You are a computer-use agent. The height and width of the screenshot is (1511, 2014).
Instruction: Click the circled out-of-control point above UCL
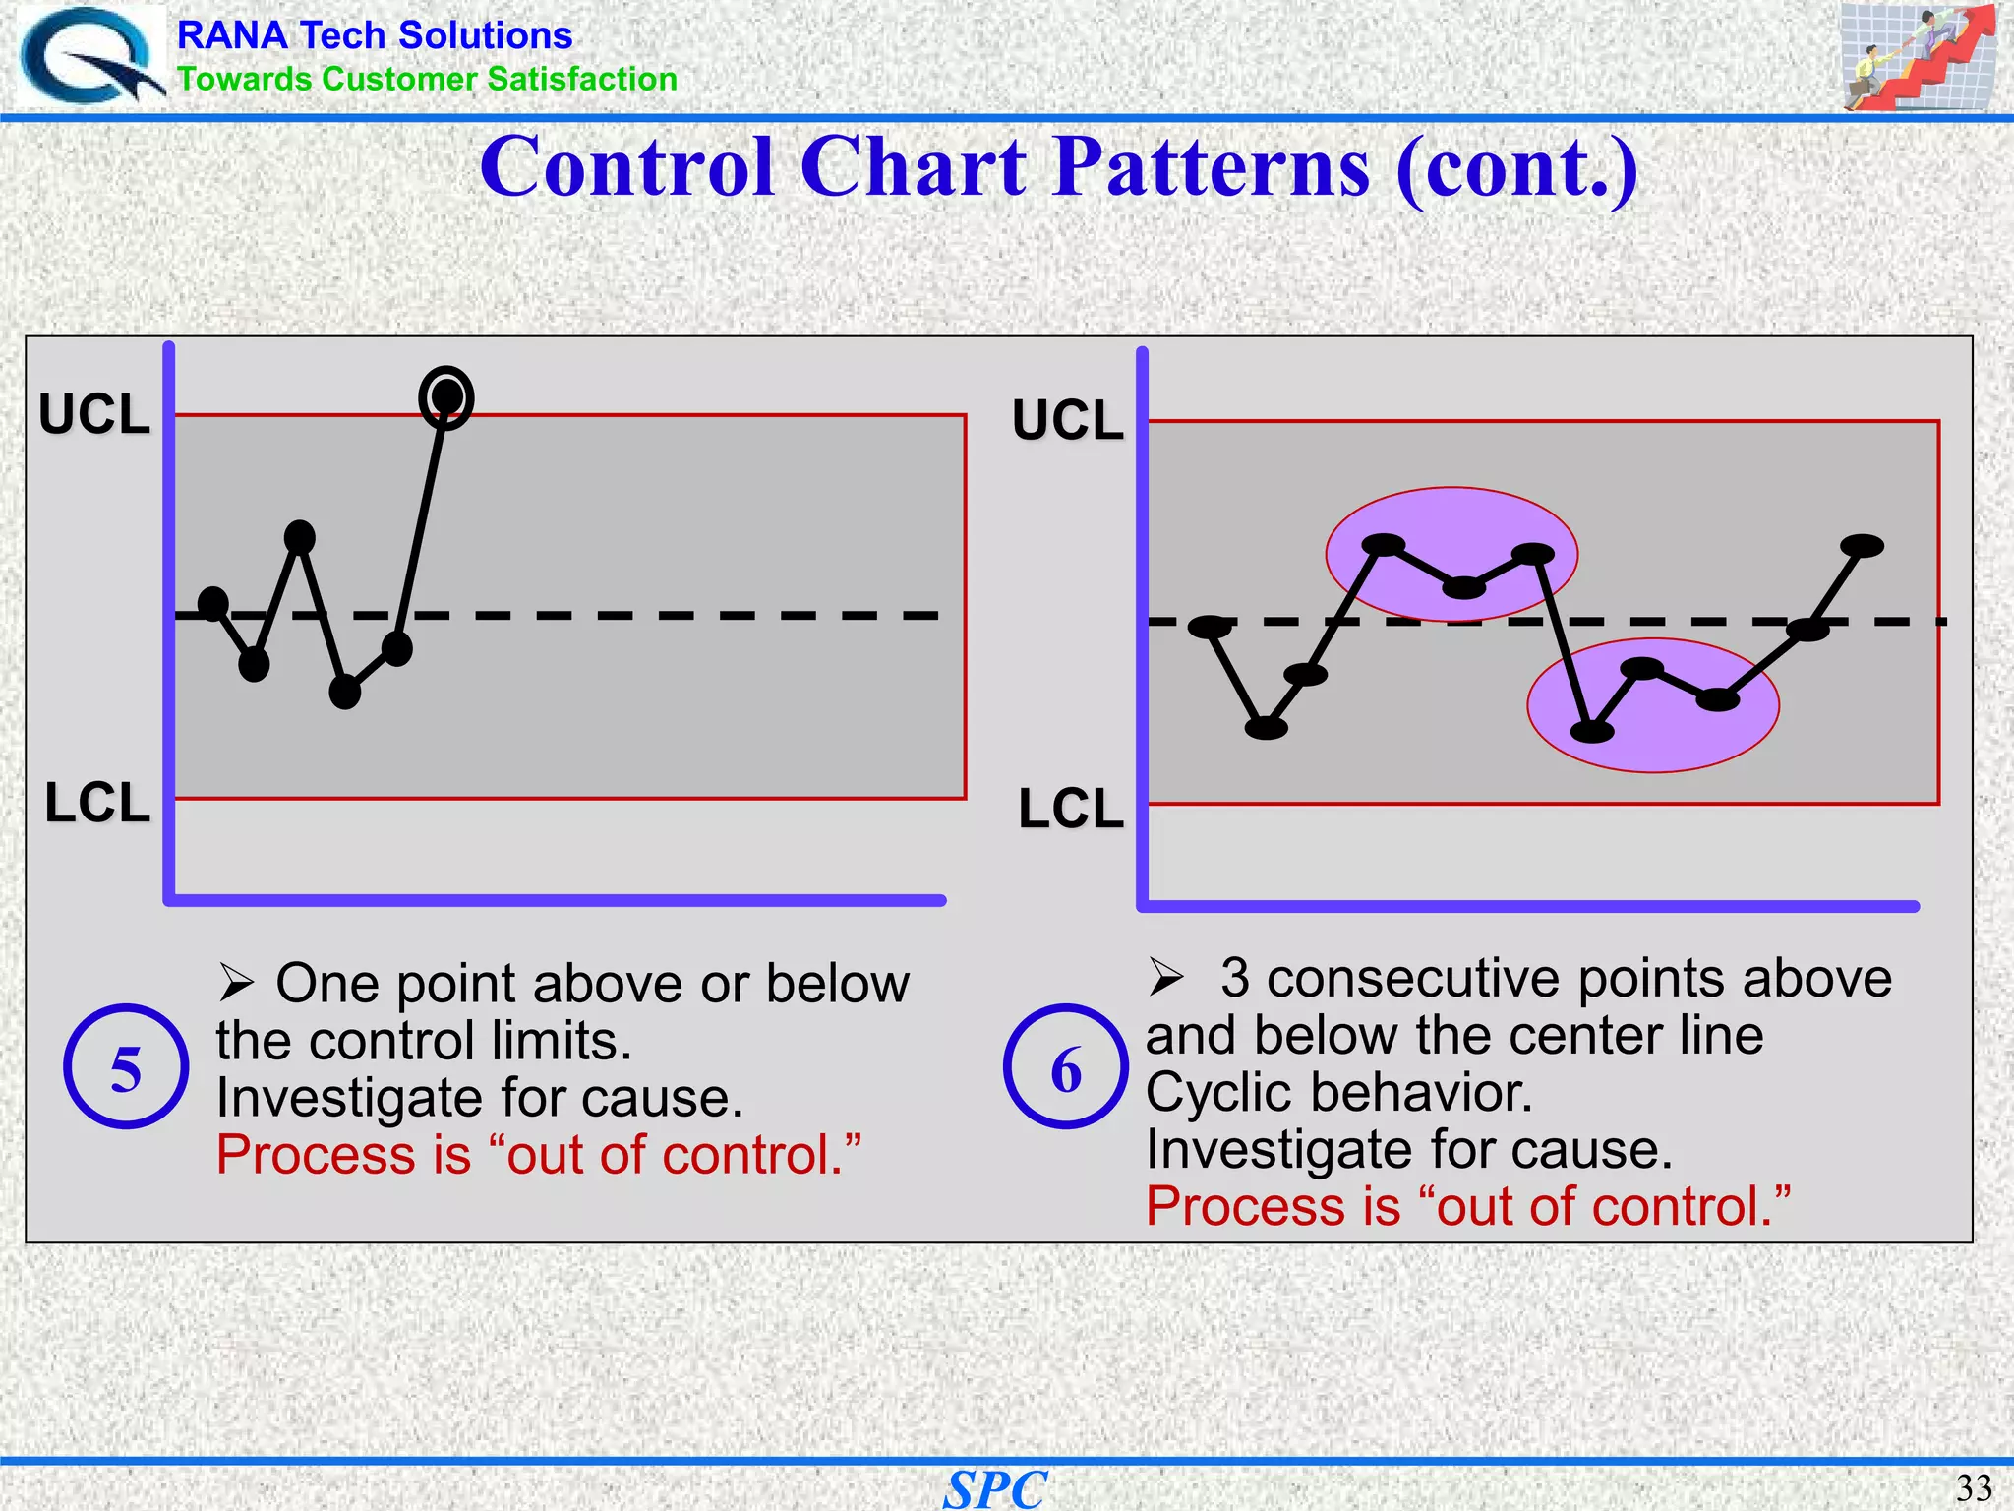[446, 397]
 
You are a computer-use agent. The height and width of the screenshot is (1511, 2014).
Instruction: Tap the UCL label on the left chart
[94, 414]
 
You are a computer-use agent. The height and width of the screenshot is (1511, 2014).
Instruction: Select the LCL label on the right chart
[1070, 810]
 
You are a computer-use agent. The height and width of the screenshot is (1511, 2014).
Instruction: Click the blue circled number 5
[126, 1066]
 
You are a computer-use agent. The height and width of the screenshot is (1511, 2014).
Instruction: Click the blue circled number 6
[1065, 1066]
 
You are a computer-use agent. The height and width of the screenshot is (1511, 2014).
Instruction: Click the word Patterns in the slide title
[1212, 167]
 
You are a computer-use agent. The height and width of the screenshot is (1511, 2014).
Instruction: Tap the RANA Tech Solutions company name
[374, 35]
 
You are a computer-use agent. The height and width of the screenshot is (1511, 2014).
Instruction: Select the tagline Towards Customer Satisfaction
[427, 79]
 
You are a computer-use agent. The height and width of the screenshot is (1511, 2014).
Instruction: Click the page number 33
[1973, 1487]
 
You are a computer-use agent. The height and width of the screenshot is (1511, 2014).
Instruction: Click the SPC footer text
[995, 1488]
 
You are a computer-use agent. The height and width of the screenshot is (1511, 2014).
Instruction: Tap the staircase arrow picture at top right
[1917, 57]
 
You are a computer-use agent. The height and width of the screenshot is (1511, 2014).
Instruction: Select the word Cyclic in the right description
[1209, 1093]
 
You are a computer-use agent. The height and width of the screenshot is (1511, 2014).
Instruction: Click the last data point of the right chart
[1862, 546]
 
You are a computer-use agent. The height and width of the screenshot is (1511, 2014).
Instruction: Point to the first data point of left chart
[213, 603]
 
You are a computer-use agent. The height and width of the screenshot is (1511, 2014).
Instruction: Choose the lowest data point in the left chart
[345, 692]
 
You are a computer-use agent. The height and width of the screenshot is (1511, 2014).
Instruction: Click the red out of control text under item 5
[538, 1155]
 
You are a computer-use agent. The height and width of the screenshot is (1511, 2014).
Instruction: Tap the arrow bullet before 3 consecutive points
[1166, 977]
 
